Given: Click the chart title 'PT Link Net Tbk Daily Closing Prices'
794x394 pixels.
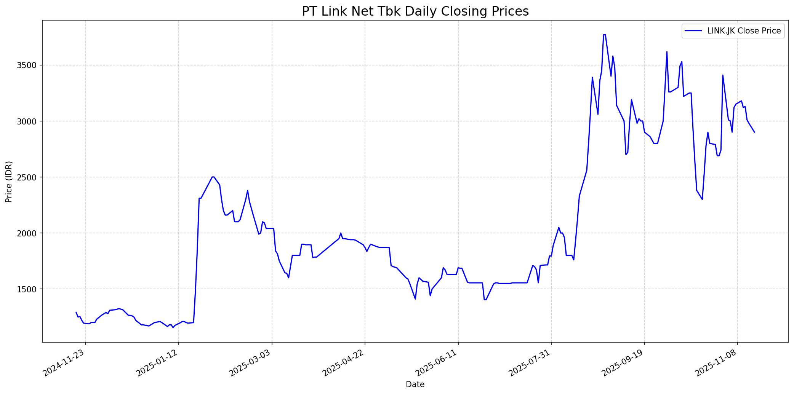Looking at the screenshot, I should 415,11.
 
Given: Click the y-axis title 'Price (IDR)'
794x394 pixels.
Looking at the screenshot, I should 9,182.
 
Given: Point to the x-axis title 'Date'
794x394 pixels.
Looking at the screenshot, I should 415,384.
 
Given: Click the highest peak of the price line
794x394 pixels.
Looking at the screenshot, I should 604,35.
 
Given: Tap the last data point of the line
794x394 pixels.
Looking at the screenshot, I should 754,132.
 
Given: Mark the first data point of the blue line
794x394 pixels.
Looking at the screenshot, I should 76,312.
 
